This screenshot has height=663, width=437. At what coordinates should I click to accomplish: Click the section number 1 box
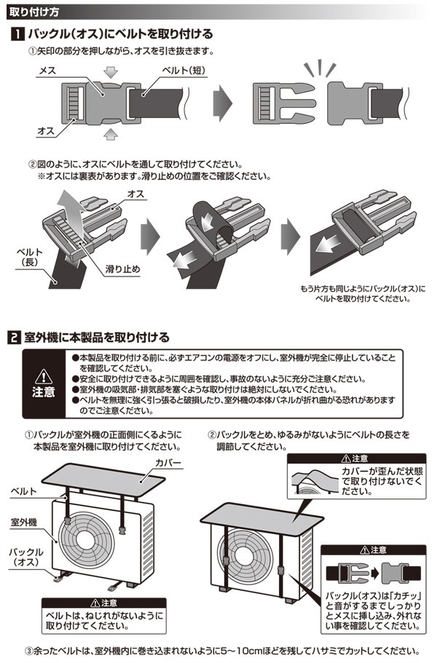click(x=17, y=33)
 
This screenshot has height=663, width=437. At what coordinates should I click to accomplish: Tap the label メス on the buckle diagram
click(x=47, y=71)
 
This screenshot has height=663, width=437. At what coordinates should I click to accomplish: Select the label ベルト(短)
click(x=184, y=70)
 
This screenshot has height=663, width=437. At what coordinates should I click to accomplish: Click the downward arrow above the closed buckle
click(x=111, y=72)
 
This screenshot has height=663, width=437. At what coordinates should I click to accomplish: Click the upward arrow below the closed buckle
click(x=111, y=134)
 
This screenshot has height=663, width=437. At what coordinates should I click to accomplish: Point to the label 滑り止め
click(x=122, y=269)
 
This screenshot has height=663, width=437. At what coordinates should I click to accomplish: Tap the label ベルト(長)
click(x=30, y=257)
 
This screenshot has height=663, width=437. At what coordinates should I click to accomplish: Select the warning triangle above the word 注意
click(x=43, y=376)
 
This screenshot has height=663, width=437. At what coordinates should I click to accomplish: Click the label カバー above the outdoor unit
click(x=168, y=463)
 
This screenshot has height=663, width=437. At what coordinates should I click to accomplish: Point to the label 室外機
click(x=24, y=523)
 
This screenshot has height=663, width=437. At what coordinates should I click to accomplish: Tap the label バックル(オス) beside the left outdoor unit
click(x=26, y=557)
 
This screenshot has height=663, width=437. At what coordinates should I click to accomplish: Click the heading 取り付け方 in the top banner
click(x=34, y=12)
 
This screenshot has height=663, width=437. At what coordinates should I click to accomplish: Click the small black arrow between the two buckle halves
click(x=375, y=573)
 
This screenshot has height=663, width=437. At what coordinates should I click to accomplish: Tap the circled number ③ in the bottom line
click(x=28, y=651)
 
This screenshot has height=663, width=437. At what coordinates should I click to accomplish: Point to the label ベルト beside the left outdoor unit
click(x=24, y=491)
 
